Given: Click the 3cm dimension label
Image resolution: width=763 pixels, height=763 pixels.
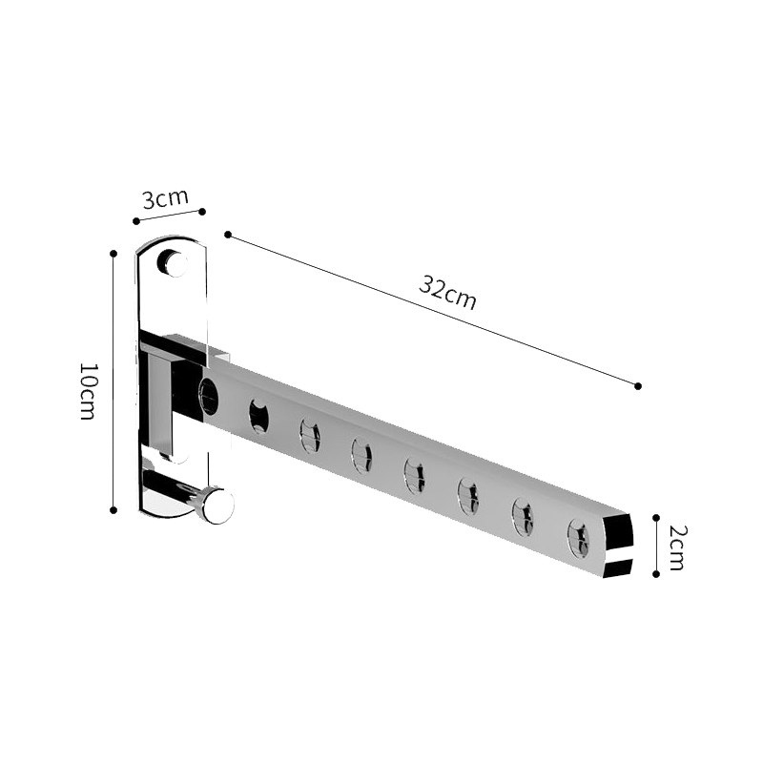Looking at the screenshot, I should [x=165, y=199].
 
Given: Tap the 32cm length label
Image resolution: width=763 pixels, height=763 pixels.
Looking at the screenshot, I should [x=447, y=292].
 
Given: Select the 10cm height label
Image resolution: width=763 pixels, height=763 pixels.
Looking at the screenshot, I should [x=87, y=392].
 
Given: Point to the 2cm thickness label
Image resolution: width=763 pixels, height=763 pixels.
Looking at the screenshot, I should [x=675, y=547].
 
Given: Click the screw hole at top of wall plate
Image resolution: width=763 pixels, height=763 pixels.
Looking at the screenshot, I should [x=173, y=261].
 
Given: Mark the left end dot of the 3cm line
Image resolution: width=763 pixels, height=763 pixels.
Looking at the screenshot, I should [x=136, y=221].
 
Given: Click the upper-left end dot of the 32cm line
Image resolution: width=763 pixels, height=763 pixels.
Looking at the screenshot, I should [x=227, y=234].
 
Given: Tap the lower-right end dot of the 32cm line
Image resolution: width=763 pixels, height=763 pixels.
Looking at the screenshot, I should [x=638, y=385].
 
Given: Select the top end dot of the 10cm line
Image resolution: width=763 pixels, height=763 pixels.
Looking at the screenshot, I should [x=113, y=254].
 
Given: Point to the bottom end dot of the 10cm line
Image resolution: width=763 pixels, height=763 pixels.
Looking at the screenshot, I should [x=113, y=510].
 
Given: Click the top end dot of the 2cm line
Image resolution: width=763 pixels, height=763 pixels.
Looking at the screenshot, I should [x=656, y=517].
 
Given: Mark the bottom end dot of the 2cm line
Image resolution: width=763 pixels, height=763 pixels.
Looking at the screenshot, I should [x=656, y=574].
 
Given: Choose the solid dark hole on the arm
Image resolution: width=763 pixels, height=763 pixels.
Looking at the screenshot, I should [x=258, y=415].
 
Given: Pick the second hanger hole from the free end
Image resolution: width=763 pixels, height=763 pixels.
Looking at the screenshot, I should [x=524, y=516].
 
